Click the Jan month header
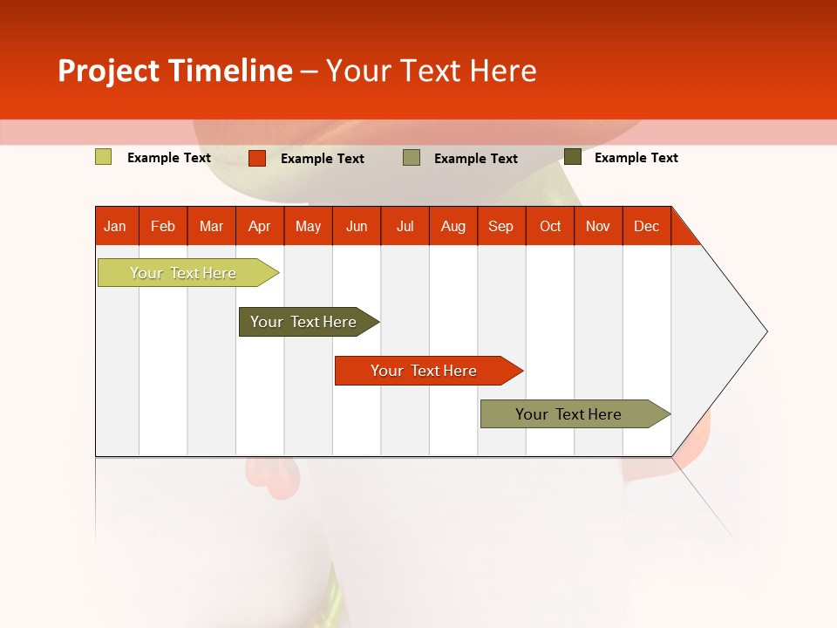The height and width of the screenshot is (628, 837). click(x=116, y=226)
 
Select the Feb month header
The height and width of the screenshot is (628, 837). click(x=163, y=226)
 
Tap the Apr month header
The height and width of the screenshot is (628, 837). click(x=260, y=226)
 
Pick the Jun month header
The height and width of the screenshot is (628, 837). click(x=357, y=226)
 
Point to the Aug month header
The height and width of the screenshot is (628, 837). click(x=453, y=226)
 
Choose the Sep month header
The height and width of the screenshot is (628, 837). click(x=501, y=226)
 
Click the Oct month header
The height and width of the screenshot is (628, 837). click(x=550, y=226)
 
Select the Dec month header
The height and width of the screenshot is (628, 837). click(x=647, y=226)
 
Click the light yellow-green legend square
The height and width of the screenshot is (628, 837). click(x=104, y=157)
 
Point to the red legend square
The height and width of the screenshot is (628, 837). click(x=257, y=158)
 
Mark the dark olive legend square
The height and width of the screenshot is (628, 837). click(x=573, y=157)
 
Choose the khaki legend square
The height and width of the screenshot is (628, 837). click(x=412, y=158)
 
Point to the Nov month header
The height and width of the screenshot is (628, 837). click(x=598, y=226)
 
